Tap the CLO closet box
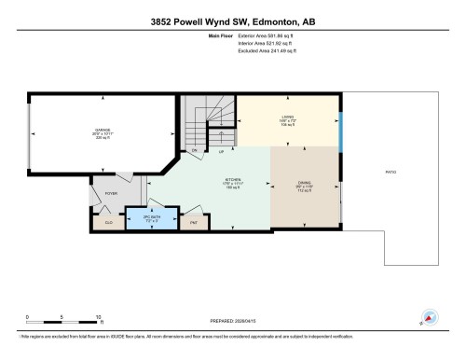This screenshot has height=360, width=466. coord(108,222)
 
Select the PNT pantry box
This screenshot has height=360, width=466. coord(194,222)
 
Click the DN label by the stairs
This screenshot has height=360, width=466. coord(194,149)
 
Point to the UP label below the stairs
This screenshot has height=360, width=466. coord(221,151)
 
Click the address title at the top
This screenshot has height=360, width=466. coord(233,21)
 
